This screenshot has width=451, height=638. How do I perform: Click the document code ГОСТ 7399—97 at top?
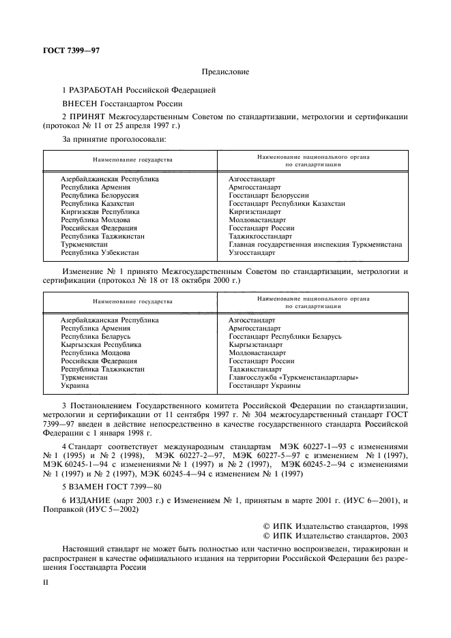point(66,50)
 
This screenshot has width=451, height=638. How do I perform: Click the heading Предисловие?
point(225,72)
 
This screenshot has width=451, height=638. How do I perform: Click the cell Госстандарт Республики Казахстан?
point(287,203)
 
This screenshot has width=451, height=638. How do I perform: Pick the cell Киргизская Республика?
point(100,211)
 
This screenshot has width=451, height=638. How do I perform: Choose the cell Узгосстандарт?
point(252,252)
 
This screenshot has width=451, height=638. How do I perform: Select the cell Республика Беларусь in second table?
point(95,337)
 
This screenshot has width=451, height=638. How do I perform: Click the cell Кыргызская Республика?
point(100,345)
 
